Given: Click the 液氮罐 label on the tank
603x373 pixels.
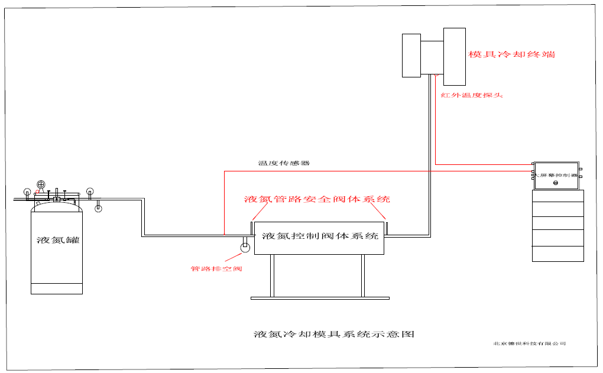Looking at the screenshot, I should (57, 241).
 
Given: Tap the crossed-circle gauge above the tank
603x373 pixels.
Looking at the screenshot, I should (41, 185).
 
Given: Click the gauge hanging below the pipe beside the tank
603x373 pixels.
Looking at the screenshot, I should (98, 207).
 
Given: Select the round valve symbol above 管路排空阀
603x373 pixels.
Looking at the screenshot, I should (244, 247).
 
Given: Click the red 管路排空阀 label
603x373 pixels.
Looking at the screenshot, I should (216, 269).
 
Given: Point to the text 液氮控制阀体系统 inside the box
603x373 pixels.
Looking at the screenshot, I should (319, 236).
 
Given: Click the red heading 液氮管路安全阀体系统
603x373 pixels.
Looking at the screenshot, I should (317, 199).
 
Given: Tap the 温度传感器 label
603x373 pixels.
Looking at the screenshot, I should (284, 163).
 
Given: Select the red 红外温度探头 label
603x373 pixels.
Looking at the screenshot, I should (472, 95).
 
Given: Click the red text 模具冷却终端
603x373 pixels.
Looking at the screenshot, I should (511, 54).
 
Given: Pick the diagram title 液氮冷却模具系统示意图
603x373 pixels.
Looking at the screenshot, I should (334, 334).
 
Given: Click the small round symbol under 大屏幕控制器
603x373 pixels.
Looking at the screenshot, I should (556, 183).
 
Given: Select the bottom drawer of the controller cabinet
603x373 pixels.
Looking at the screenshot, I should (557, 254).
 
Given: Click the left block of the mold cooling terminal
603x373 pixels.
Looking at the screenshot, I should (411, 55).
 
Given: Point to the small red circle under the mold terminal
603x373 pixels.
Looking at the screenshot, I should (435, 75).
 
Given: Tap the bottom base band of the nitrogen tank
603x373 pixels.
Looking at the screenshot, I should (57, 288).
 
